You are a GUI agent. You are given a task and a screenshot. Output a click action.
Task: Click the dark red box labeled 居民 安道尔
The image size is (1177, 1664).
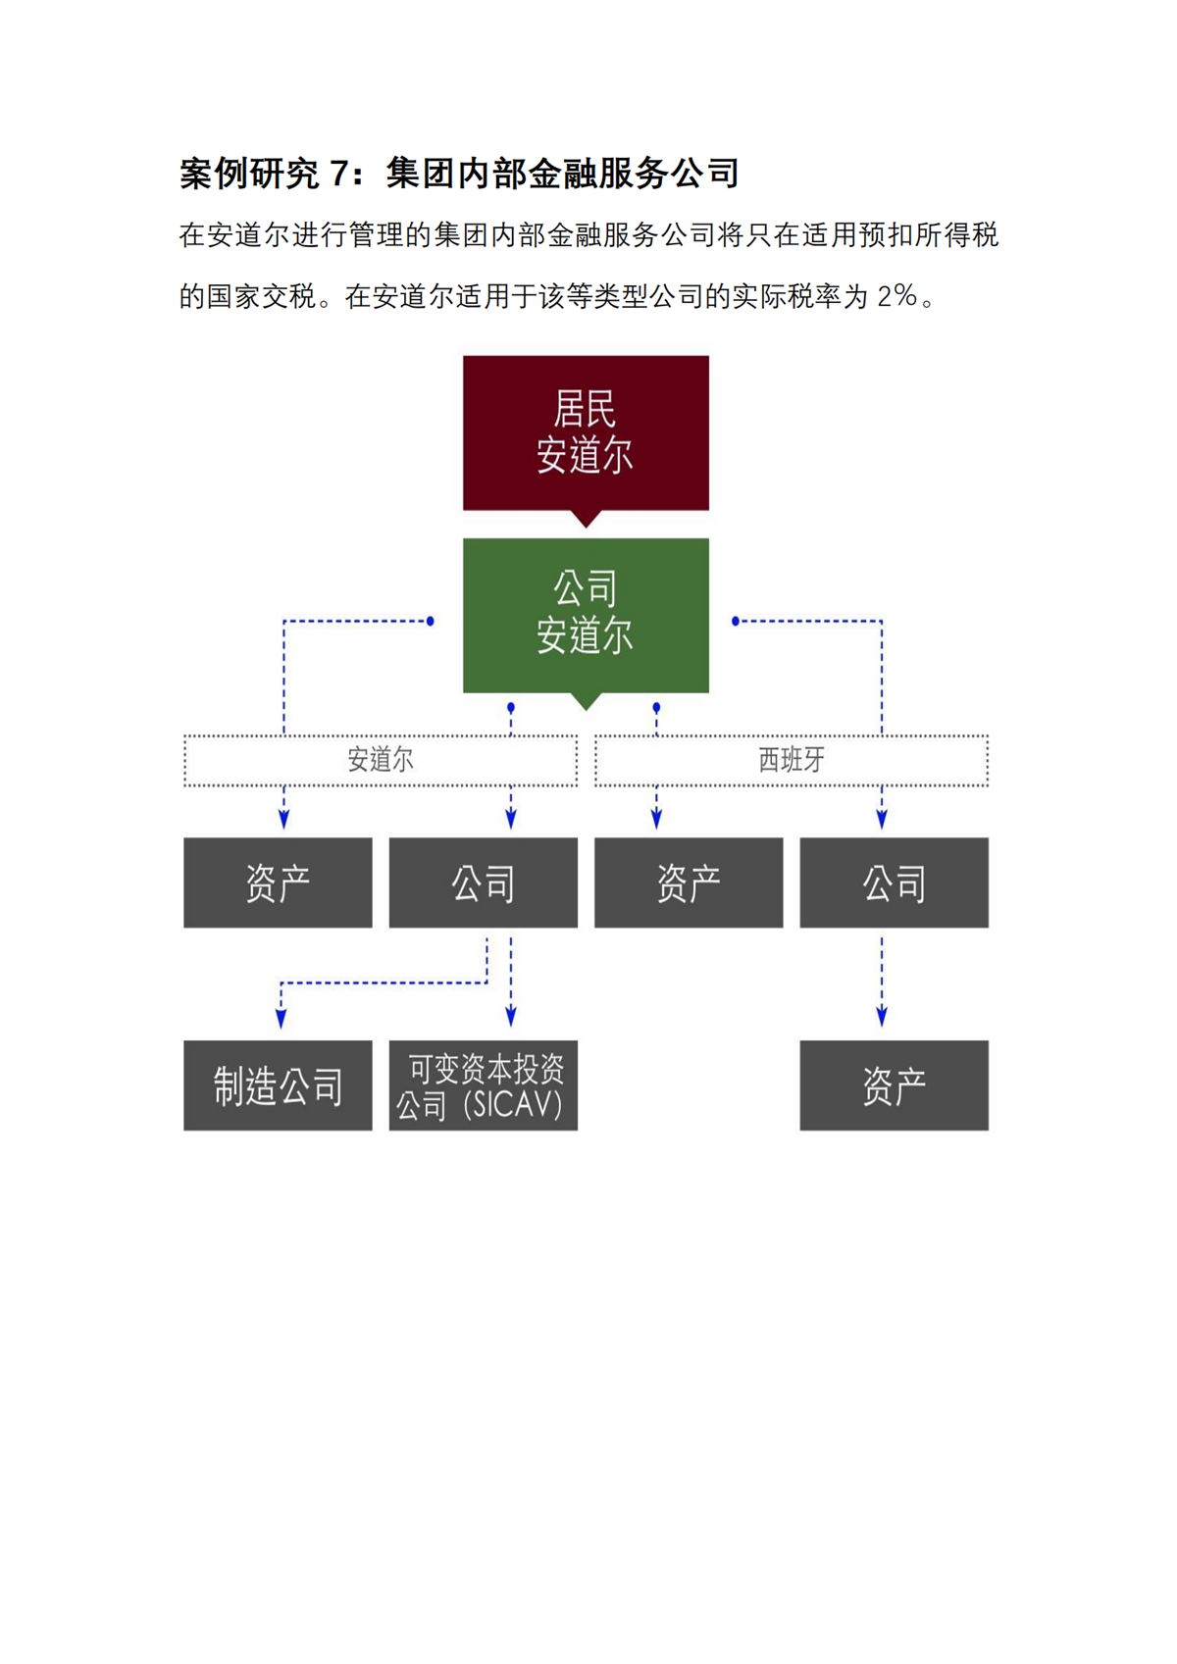(x=586, y=432)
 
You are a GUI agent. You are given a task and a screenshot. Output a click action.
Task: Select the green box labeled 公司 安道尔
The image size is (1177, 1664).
(x=586, y=615)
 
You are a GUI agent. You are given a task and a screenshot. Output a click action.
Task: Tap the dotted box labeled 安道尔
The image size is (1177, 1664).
(x=381, y=760)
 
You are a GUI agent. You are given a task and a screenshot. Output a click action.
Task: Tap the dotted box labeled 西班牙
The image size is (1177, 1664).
(x=792, y=760)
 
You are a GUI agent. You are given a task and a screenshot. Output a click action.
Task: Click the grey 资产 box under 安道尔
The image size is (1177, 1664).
(x=278, y=882)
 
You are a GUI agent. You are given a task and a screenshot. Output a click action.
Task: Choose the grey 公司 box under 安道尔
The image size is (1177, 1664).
(x=483, y=882)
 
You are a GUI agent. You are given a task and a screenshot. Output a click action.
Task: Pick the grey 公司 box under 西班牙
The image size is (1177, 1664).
(x=894, y=882)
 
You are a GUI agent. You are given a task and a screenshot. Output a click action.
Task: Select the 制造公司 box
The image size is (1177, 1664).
(x=278, y=1085)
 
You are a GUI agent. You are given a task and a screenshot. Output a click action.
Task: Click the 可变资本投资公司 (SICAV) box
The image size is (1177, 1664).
(x=483, y=1085)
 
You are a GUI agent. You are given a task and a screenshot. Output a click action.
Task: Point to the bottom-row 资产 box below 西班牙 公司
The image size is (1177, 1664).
(x=894, y=1085)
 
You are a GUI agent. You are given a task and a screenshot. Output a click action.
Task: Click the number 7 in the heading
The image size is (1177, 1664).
(x=339, y=174)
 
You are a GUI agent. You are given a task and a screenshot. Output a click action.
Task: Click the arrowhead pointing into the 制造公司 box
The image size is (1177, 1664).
(x=281, y=1020)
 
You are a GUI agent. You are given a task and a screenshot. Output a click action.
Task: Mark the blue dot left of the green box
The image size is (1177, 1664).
(x=431, y=621)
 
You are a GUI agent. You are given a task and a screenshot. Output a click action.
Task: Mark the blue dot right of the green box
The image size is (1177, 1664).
(x=736, y=621)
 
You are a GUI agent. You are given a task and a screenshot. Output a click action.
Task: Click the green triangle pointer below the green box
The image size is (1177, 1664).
(x=586, y=701)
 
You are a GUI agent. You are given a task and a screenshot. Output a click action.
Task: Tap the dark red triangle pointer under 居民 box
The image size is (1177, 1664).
(x=586, y=519)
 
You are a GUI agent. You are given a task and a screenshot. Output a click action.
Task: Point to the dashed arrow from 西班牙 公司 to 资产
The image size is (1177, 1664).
(x=882, y=981)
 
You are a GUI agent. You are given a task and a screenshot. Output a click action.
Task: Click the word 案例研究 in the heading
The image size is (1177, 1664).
(x=249, y=174)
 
